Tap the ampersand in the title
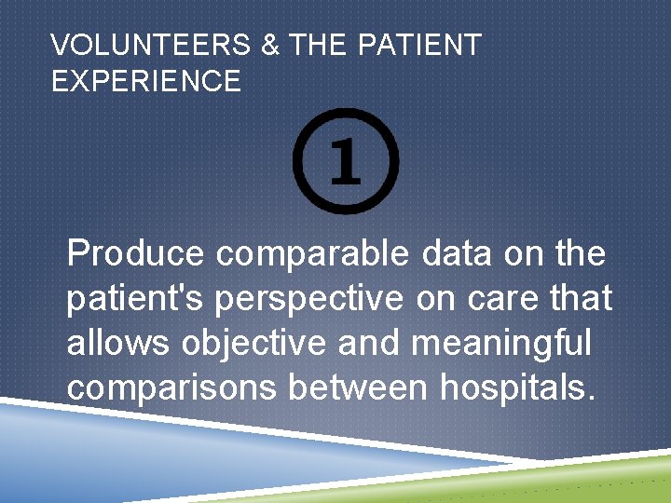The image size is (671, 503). point(270,45)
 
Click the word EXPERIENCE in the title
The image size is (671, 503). point(146,81)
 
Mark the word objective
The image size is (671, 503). point(254,342)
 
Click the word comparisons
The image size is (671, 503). point(171,387)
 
